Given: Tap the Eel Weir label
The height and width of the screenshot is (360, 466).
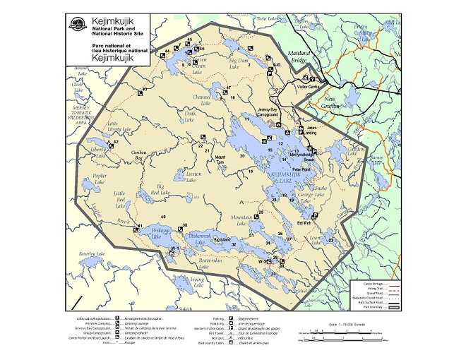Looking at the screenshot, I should click(304, 223).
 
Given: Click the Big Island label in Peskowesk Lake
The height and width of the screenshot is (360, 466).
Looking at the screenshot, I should click(222, 241).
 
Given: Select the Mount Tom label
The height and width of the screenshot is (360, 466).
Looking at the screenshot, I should click(220, 159).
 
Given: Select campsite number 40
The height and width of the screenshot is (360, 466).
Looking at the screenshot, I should click(162, 216).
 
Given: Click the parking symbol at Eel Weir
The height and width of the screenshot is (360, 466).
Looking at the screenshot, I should click(314, 215).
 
